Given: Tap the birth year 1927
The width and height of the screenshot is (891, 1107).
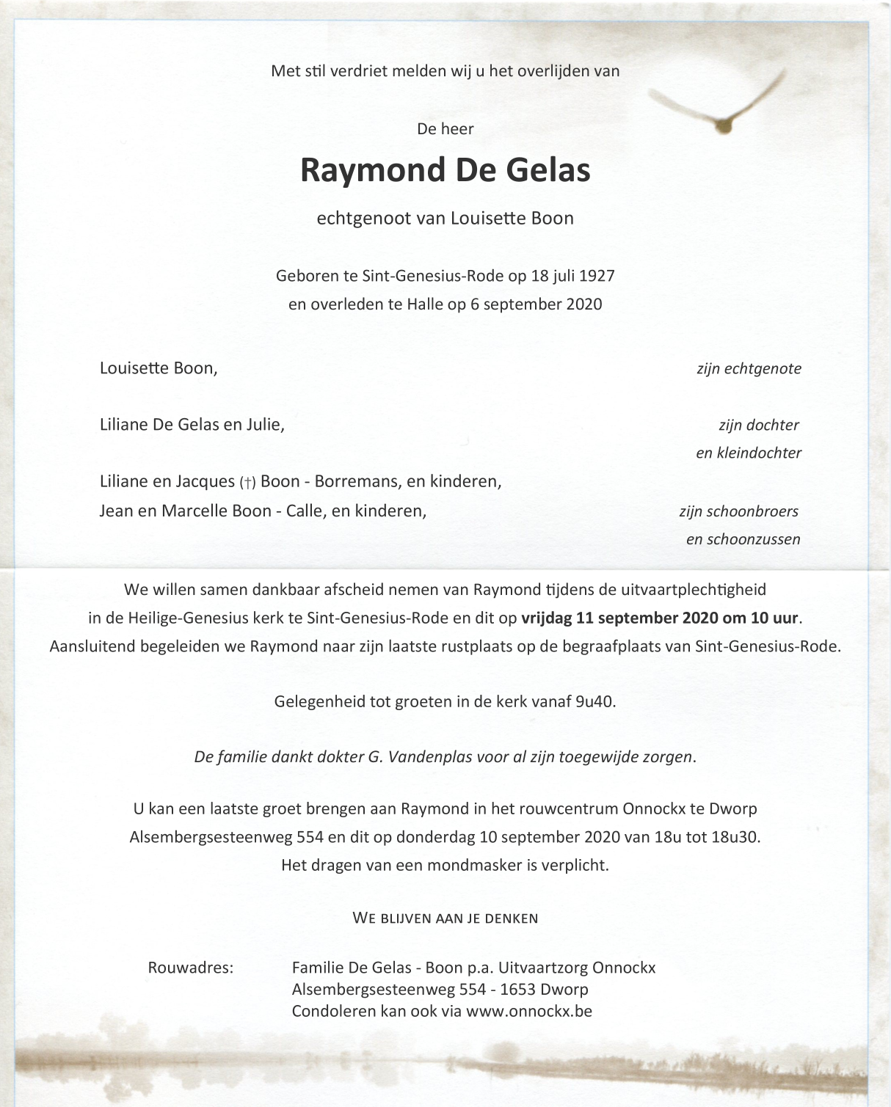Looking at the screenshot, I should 597,276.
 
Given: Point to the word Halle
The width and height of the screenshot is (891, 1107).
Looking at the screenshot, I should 425,304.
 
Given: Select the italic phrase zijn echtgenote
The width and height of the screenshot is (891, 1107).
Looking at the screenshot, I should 749,368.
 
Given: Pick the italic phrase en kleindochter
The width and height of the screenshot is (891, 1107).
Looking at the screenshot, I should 749,453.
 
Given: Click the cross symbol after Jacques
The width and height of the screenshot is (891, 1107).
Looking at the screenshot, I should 247,483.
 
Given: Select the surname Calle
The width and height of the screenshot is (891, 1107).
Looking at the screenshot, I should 304,511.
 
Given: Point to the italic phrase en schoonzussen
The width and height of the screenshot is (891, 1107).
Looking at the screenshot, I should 743,539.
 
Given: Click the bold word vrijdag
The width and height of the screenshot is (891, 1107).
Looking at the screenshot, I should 547,618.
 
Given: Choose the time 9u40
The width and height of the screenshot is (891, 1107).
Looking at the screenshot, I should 595,701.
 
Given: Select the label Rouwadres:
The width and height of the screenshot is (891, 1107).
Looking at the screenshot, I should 191,968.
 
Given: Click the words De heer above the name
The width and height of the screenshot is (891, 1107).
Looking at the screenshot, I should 445,129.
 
